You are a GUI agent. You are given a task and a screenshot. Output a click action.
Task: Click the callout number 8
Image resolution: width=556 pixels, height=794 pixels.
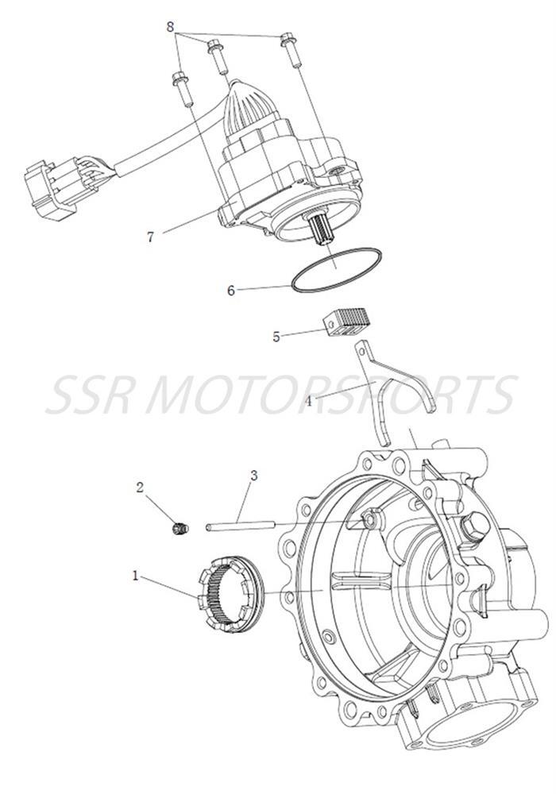coord(170,26)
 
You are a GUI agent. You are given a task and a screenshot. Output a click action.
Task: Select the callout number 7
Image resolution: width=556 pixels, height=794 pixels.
coord(150,235)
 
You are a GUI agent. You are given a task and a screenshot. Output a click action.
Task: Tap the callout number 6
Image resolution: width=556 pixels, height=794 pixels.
coord(231,291)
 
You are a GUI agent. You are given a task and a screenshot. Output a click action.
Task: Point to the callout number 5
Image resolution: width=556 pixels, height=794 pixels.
coord(276,337)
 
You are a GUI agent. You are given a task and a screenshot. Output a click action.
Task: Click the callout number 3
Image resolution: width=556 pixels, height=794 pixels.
coord(253,476)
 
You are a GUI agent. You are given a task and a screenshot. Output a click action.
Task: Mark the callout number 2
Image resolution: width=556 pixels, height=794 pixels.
coord(140,488)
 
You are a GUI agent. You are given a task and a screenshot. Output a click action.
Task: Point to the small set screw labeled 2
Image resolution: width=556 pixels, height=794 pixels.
coord(180,528)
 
